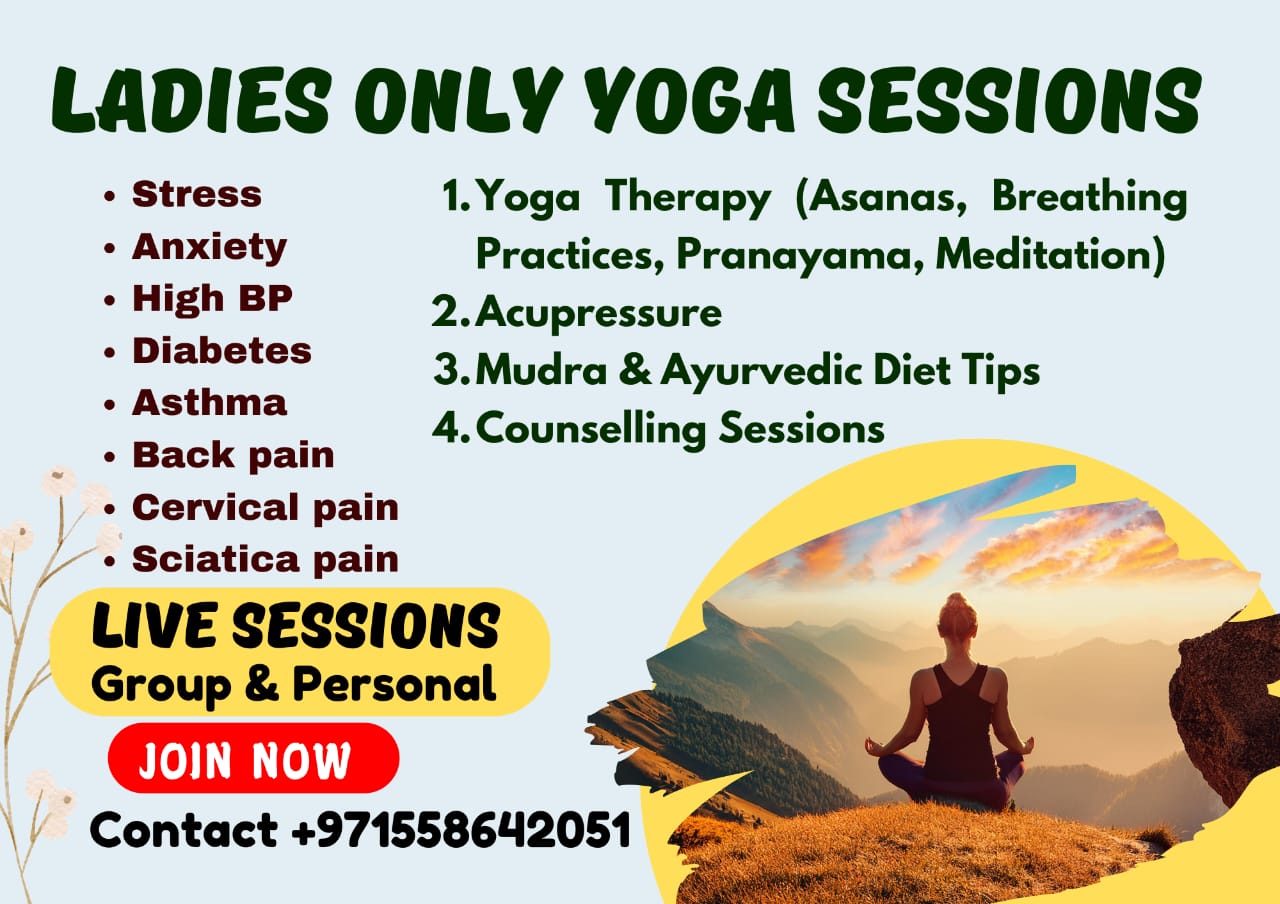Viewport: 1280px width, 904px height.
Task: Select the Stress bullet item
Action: pos(196,194)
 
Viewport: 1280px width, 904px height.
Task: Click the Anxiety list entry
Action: pos(209,246)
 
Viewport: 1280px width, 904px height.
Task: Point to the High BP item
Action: pos(212,298)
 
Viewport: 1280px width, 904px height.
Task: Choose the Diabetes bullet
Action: pos(221,351)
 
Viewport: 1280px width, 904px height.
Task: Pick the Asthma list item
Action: pos(209,403)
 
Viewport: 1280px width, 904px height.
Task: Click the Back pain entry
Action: pos(233,455)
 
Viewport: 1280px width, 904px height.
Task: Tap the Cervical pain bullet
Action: pos(265,507)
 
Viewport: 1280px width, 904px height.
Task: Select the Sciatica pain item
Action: pos(265,559)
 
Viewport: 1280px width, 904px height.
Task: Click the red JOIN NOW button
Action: pos(253,759)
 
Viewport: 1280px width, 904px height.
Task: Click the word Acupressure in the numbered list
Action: pos(598,313)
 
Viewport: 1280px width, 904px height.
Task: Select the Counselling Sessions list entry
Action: pos(680,429)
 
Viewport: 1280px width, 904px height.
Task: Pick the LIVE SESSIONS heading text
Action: pos(294,628)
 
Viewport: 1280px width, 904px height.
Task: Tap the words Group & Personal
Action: pos(293,685)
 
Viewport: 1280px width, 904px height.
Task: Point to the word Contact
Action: pos(184,830)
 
